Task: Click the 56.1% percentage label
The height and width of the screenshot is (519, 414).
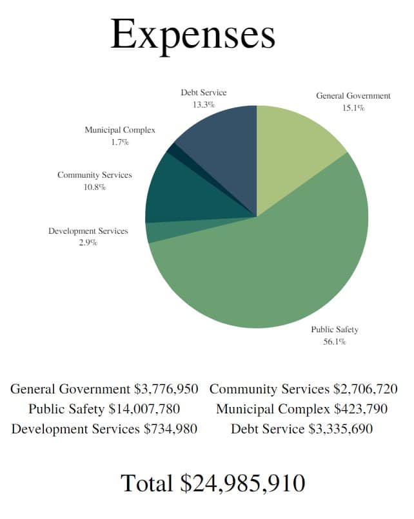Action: pos(334,342)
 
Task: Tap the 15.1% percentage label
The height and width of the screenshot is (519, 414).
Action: pos(353,108)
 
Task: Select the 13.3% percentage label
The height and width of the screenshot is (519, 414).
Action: pos(203,104)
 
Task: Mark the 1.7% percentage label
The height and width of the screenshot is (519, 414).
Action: pos(119,142)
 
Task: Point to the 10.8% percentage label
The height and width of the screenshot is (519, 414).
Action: pos(94,187)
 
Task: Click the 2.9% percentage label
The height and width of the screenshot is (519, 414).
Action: pos(88,243)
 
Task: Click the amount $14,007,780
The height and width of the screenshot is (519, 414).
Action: pos(144,409)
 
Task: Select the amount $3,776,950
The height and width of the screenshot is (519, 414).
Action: pos(166,389)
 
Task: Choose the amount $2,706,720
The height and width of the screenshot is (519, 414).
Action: pos(366,389)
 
